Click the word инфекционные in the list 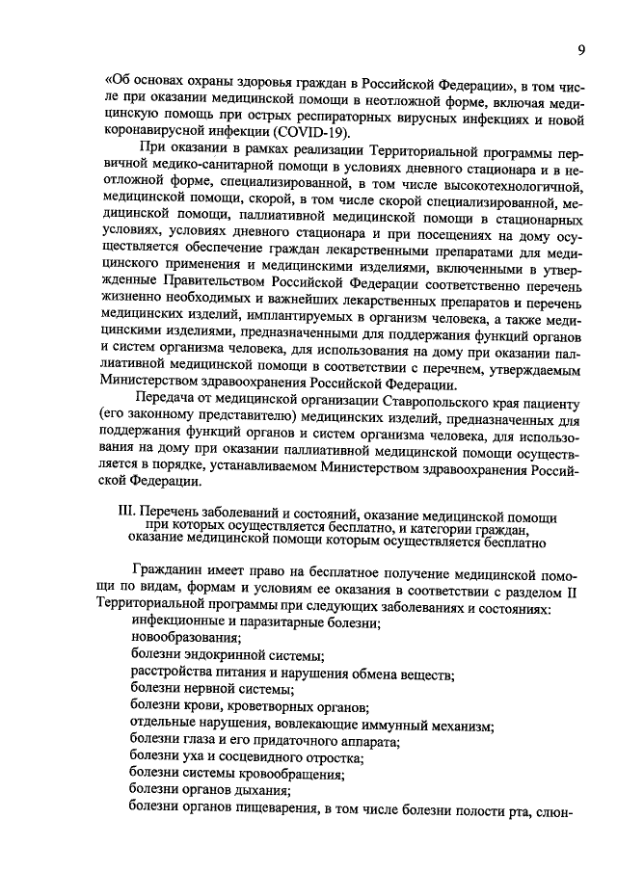(x=174, y=623)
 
